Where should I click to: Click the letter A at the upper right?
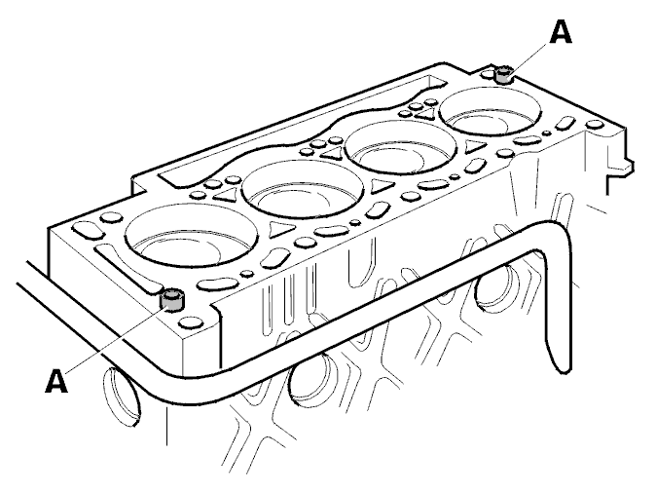(561, 33)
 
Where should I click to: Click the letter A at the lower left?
(56, 380)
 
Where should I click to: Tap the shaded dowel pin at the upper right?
(503, 75)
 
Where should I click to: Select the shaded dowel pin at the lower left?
(171, 300)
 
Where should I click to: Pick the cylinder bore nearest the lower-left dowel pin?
(191, 236)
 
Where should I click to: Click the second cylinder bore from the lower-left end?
(304, 189)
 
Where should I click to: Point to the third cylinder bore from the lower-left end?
(401, 147)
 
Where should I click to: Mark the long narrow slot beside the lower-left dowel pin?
(128, 268)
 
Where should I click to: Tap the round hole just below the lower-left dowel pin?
(190, 322)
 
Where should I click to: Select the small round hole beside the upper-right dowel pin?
(488, 75)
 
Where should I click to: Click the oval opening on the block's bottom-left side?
(121, 397)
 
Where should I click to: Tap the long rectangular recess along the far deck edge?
(297, 130)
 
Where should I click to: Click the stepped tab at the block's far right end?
(619, 168)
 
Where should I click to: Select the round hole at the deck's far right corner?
(594, 125)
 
